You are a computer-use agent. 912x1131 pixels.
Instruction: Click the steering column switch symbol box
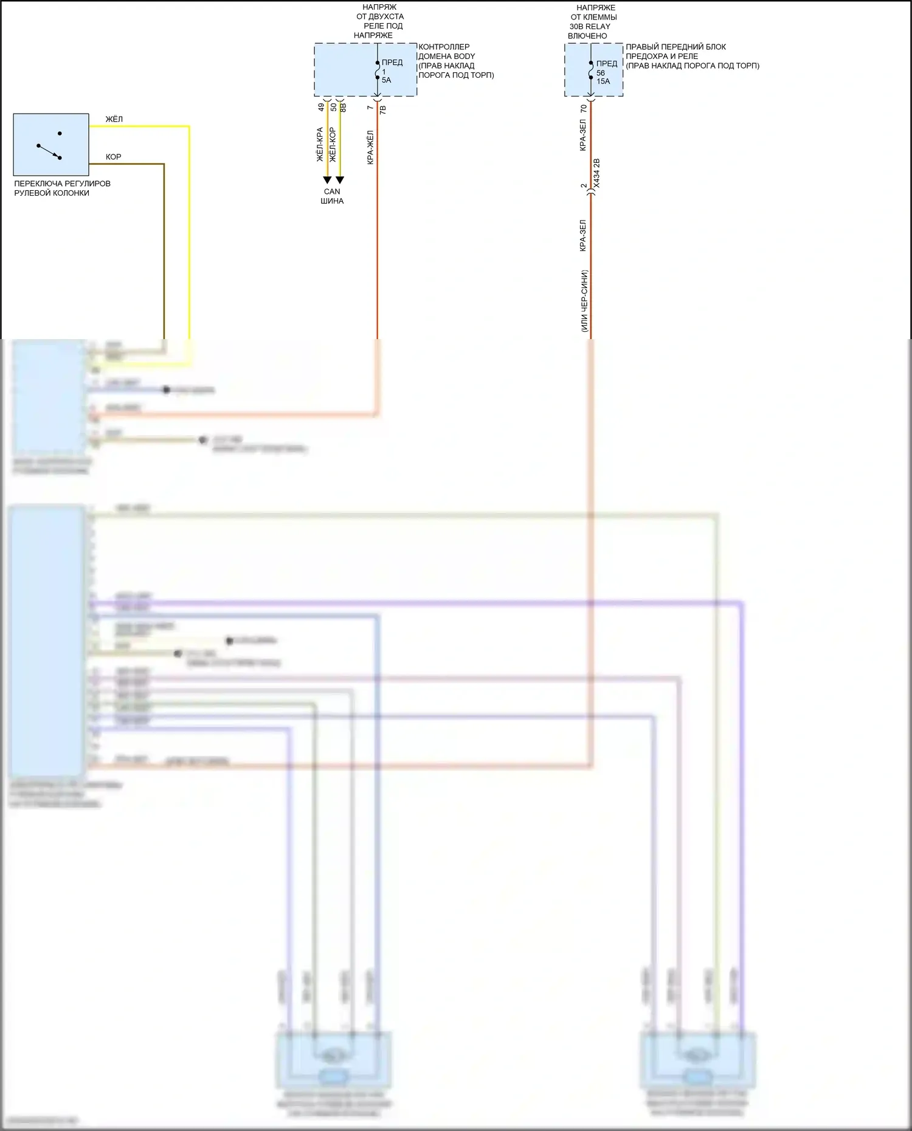point(51,145)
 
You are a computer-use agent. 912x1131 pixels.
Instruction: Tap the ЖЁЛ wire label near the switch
point(114,119)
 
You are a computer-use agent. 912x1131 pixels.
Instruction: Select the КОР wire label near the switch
point(114,157)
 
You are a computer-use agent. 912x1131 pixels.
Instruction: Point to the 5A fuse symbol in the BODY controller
point(378,70)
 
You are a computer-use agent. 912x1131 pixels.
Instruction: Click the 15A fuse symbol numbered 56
point(591,72)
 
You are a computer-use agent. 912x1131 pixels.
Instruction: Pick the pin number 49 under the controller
point(321,107)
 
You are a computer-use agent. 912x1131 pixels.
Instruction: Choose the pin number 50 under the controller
point(334,107)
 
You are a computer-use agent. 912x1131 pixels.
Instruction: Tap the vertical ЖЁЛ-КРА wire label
point(320,145)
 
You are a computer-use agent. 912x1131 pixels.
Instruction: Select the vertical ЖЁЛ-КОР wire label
point(333,145)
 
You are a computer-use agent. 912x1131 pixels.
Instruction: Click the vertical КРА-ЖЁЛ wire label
point(370,148)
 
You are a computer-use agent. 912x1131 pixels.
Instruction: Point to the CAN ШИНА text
point(332,196)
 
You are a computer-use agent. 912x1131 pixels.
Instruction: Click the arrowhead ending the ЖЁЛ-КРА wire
point(327,180)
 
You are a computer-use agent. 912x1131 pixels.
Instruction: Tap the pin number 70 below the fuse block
point(584,109)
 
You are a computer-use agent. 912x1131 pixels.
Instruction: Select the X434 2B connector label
point(596,173)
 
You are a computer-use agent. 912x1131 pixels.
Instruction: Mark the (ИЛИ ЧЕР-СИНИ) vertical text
point(584,301)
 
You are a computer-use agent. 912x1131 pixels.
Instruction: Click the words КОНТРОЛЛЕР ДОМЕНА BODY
point(446,52)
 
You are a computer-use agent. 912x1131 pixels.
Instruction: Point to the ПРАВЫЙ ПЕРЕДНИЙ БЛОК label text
point(675,47)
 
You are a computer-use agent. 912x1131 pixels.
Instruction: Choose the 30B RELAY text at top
point(590,26)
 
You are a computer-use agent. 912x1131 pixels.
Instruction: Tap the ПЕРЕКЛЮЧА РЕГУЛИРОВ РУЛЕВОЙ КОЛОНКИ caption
point(62,188)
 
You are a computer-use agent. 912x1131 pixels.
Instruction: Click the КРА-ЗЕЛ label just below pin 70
point(583,135)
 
